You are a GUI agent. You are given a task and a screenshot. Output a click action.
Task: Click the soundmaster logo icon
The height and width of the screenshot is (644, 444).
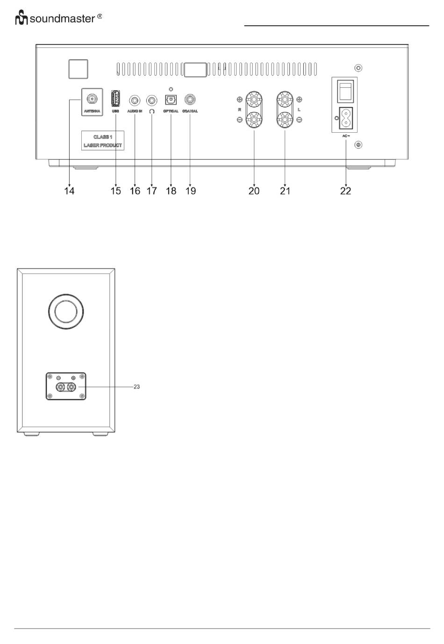pyautogui.click(x=21, y=19)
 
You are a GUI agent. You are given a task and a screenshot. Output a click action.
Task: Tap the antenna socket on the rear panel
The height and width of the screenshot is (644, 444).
pyautogui.click(x=92, y=100)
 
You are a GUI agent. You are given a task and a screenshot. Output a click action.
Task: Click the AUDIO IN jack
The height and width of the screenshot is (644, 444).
pyautogui.click(x=135, y=100)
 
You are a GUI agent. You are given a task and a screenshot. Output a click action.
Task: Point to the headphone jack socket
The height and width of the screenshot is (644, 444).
pyautogui.click(x=152, y=100)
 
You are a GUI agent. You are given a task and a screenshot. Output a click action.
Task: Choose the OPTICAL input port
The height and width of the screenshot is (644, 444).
pyautogui.click(x=171, y=100)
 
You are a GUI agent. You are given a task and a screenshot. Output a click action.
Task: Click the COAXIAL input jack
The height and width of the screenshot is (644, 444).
pyautogui.click(x=190, y=100)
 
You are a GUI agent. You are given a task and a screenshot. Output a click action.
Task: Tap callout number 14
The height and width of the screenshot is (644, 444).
pyautogui.click(x=69, y=191)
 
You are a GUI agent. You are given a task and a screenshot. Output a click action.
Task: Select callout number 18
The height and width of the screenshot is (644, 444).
pyautogui.click(x=171, y=191)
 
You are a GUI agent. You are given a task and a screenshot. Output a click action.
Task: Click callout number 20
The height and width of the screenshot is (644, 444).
pyautogui.click(x=254, y=191)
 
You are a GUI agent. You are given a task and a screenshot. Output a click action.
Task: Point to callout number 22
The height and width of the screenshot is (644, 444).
pyautogui.click(x=345, y=191)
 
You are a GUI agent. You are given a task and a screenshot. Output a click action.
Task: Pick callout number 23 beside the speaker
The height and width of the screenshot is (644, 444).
pyautogui.click(x=137, y=387)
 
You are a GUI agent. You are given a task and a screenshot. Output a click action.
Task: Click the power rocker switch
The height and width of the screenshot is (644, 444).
pyautogui.click(x=345, y=90)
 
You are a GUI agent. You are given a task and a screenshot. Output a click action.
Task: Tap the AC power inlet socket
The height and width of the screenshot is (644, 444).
pyautogui.click(x=345, y=118)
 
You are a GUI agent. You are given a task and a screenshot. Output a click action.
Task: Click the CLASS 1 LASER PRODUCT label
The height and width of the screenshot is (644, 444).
pyautogui.click(x=103, y=141)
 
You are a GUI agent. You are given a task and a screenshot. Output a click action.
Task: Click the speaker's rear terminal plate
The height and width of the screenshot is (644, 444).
pyautogui.click(x=65, y=386)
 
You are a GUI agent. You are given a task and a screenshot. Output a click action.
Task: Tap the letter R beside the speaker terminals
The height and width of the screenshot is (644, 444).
pyautogui.click(x=239, y=110)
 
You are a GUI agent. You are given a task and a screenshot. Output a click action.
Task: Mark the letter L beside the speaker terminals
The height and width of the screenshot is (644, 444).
pyautogui.click(x=299, y=110)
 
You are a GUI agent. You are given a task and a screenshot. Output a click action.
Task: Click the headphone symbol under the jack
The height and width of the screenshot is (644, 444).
pyautogui.click(x=152, y=111)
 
